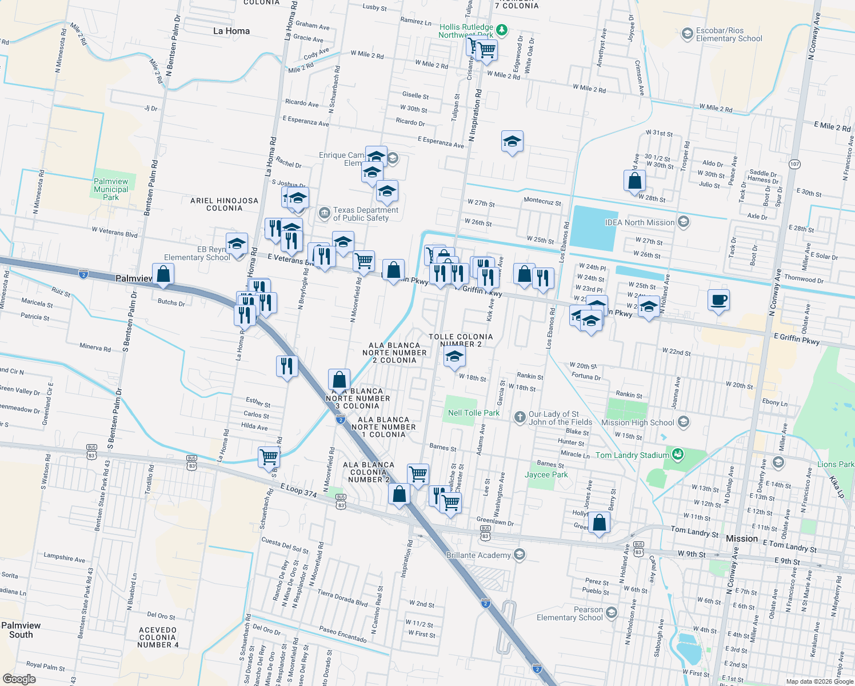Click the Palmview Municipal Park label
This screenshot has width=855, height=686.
[111, 189]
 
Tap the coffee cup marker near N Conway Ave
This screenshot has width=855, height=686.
[718, 300]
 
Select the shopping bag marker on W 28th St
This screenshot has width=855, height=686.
[635, 182]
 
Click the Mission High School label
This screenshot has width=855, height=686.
[638, 422]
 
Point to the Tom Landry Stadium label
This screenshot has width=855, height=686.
[632, 455]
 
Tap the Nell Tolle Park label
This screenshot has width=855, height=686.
[473, 413]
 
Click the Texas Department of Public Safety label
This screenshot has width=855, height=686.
[366, 214]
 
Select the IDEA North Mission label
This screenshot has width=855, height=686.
[640, 222]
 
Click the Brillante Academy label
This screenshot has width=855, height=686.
[478, 555]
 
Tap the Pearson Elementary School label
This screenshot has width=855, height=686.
[570, 613]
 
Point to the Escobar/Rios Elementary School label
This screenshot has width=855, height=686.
[729, 35]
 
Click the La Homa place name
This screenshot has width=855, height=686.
[231, 31]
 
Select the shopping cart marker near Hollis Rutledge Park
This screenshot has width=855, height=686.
[486, 50]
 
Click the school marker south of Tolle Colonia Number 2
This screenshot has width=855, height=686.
[454, 357]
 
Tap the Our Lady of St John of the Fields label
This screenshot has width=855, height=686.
[560, 418]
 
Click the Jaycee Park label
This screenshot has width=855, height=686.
[546, 474]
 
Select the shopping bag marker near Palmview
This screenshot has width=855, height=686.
[163, 274]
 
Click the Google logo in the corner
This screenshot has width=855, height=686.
[19, 679]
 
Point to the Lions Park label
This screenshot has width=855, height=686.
[835, 464]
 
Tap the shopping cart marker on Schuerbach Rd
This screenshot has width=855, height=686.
[269, 457]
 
